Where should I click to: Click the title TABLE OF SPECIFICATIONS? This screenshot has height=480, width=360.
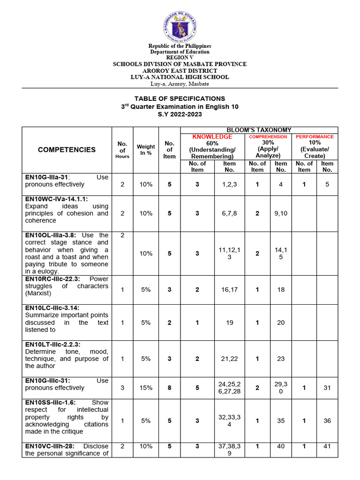coord(180,98)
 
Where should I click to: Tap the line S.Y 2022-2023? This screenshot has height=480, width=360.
coord(180,114)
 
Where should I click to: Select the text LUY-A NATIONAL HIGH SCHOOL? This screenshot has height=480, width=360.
coord(180,77)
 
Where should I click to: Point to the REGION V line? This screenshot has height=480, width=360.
coord(180,57)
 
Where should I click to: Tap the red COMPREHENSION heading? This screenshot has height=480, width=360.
coord(268,137)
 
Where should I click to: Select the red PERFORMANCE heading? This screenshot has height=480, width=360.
coord(315,137)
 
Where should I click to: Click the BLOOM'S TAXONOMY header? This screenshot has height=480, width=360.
coord(259,130)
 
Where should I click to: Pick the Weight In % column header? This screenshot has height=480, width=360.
coord(146,150)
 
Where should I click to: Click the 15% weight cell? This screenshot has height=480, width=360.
coord(146,388)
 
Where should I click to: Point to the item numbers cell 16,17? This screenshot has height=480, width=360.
coord(229,290)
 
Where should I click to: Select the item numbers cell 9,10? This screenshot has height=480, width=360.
coord(281,213)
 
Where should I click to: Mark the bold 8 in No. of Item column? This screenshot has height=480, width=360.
coord(169,388)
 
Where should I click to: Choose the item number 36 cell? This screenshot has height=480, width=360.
coord(327,420)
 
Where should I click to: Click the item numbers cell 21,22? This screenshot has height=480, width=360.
coord(229,359)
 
